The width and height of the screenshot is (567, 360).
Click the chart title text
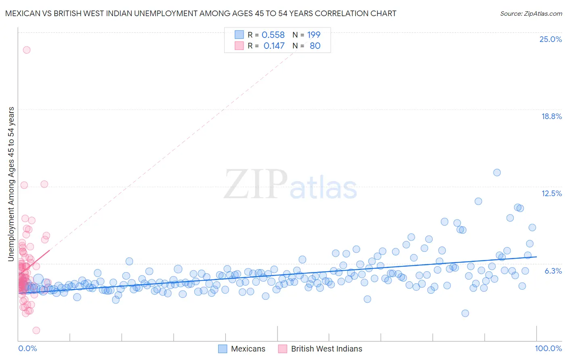coord(200,13)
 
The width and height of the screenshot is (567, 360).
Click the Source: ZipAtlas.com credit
coord(531,13)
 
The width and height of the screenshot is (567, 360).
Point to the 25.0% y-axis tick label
coord(550,39)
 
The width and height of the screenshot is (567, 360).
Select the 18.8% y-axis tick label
coord(551,116)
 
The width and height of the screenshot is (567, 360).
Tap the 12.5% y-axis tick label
coord(551,193)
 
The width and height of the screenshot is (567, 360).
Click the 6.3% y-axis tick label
coord(553,271)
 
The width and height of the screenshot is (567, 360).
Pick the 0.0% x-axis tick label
coord(27,348)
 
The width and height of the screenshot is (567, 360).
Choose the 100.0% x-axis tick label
coord(548,348)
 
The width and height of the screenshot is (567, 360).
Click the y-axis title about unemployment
coord(11,184)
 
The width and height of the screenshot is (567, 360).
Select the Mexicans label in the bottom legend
coord(248,349)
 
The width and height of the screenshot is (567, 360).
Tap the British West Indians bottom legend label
coord(327,349)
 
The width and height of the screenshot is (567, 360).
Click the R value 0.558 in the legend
coord(273,35)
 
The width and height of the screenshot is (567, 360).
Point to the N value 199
coord(314,35)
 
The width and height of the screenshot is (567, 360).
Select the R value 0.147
coord(274,46)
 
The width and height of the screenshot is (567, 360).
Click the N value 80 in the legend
coord(315,46)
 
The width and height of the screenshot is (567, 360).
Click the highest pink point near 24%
coord(27,50)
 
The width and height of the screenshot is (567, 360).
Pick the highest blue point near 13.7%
coord(497,172)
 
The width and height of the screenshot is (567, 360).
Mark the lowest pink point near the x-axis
coord(36,330)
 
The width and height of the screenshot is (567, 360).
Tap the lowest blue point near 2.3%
coord(465,313)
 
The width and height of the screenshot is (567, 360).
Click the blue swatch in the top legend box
coord(239,35)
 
